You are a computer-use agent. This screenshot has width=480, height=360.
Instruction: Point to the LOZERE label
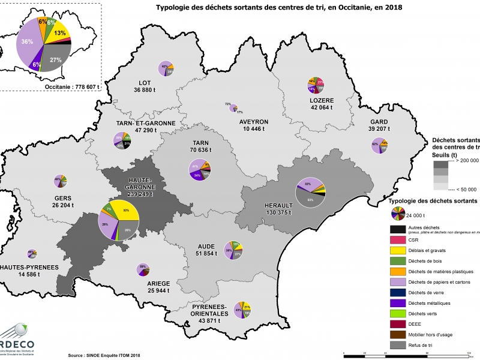click(x=322, y=101)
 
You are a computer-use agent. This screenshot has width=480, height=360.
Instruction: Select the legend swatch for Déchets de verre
click(x=397, y=292)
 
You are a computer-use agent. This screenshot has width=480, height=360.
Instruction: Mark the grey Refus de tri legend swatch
click(x=397, y=345)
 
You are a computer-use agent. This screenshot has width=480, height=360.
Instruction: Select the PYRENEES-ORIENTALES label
click(x=205, y=313)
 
